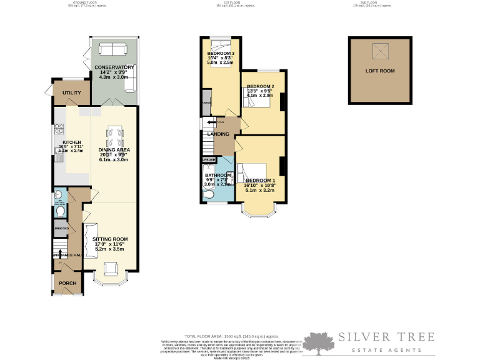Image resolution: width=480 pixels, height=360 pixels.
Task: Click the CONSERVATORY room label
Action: (x=114, y=67)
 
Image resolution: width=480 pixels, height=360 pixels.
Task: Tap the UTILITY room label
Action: (x=72, y=93)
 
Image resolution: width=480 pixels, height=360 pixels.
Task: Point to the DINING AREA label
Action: (x=114, y=150)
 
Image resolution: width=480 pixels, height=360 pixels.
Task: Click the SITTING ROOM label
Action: (x=110, y=239)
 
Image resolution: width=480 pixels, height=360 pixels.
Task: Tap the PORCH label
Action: (x=67, y=282)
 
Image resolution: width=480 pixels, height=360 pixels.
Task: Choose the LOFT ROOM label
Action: (x=380, y=71)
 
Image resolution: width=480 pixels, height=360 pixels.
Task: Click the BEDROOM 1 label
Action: (x=260, y=181)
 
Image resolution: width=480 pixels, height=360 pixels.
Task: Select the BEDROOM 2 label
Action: (x=259, y=86)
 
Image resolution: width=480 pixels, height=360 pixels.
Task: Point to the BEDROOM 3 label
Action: (x=220, y=54)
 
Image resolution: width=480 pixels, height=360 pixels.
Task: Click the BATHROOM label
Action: (x=218, y=175)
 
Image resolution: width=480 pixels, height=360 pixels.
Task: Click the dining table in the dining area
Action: (x=114, y=135)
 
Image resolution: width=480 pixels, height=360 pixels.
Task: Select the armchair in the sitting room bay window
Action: (x=110, y=269)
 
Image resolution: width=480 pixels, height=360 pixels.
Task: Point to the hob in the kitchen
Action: (x=59, y=129)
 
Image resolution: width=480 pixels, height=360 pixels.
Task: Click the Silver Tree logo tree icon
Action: (x=322, y=342)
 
